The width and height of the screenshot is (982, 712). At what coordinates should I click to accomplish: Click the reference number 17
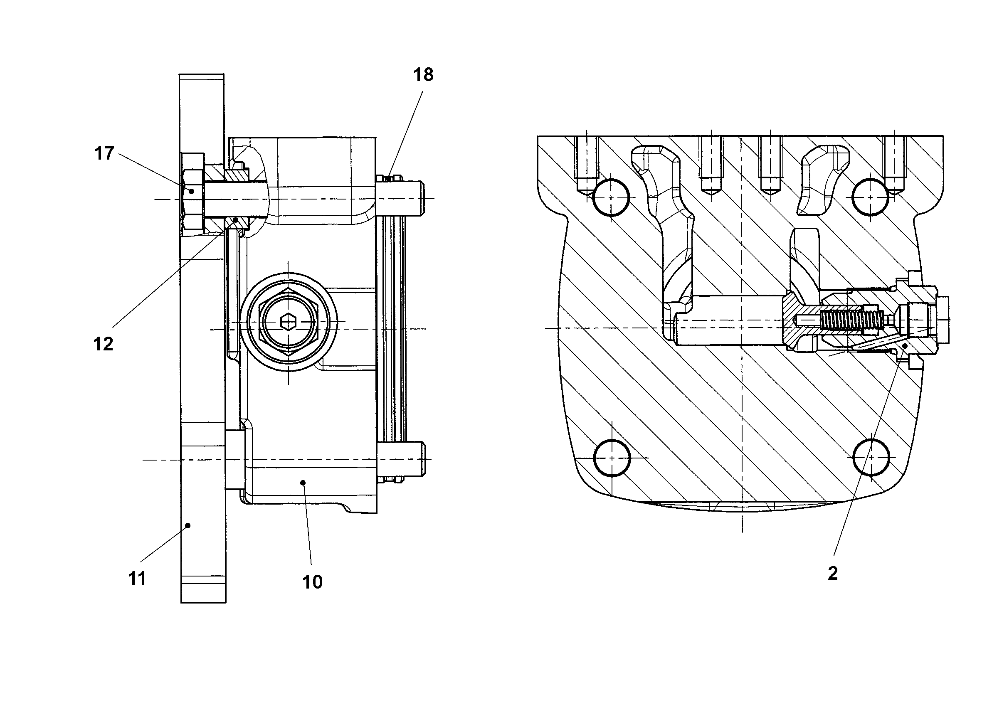click(104, 154)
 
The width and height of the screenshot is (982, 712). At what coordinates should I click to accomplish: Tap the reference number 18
click(423, 75)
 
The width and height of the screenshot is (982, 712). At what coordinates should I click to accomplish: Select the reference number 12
click(103, 344)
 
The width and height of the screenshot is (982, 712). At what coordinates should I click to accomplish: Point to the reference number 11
click(137, 579)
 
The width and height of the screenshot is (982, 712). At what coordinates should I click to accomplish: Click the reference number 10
click(312, 582)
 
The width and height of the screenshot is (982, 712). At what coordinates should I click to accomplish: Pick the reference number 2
click(833, 574)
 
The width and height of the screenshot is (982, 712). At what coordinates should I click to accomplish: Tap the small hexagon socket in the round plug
click(289, 322)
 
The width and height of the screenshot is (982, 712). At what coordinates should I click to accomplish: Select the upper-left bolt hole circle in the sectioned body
click(610, 197)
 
